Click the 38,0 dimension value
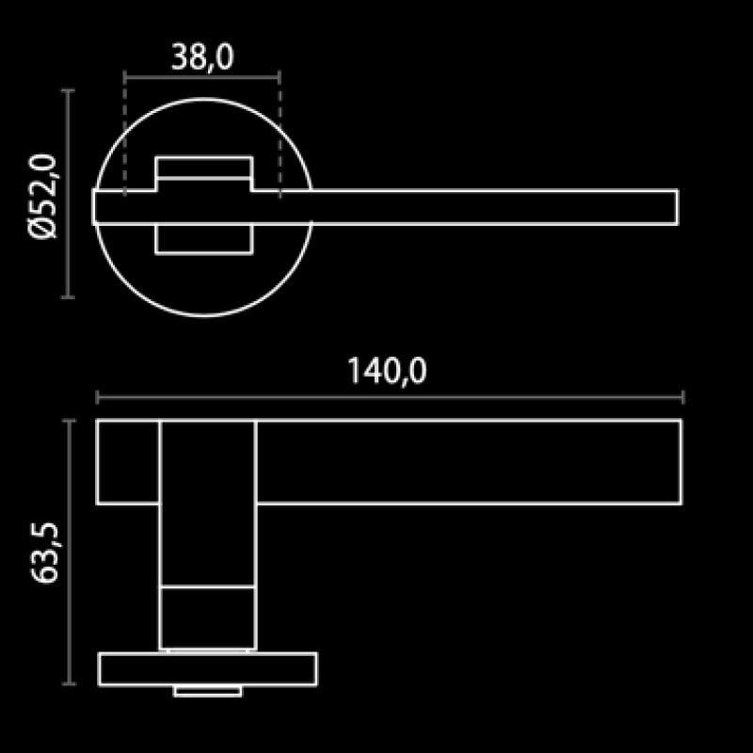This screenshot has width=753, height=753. point(202,58)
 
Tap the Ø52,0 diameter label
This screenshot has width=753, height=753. point(44,198)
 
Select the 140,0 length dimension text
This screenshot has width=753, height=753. point(387,372)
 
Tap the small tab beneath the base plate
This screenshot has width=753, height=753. point(206,693)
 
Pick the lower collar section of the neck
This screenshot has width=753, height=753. point(208,617)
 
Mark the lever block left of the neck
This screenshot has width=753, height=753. point(128,461)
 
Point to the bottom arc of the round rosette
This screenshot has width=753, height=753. point(204,315)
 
